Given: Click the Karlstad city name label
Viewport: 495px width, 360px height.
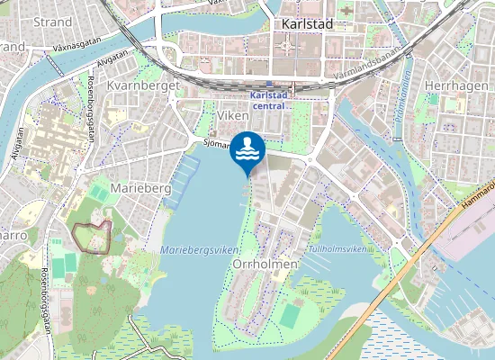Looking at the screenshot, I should pos(308,24).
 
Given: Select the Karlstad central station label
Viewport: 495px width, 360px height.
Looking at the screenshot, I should pos(267,100).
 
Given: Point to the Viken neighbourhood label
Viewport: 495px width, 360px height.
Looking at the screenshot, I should pos(231,116).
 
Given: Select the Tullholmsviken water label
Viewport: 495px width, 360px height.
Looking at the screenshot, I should pos(337,247).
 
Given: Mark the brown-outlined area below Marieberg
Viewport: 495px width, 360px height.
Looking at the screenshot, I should pos(92,236).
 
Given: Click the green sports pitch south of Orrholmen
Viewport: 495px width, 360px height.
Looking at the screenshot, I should pos(290,315).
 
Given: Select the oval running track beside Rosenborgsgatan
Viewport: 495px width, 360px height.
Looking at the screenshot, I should pos(63,266).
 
